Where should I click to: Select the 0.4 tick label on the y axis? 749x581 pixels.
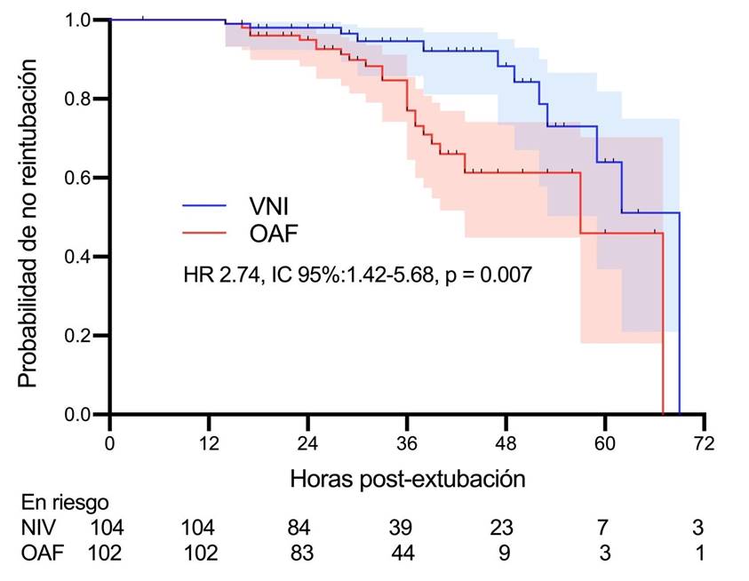(x=83, y=257)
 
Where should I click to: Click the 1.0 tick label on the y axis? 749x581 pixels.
(x=83, y=20)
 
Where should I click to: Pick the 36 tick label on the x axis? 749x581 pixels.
(x=407, y=442)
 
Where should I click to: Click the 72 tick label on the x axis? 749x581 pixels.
(x=705, y=442)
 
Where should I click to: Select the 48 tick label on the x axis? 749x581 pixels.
(x=506, y=442)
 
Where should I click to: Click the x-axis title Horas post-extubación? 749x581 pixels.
(x=408, y=478)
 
